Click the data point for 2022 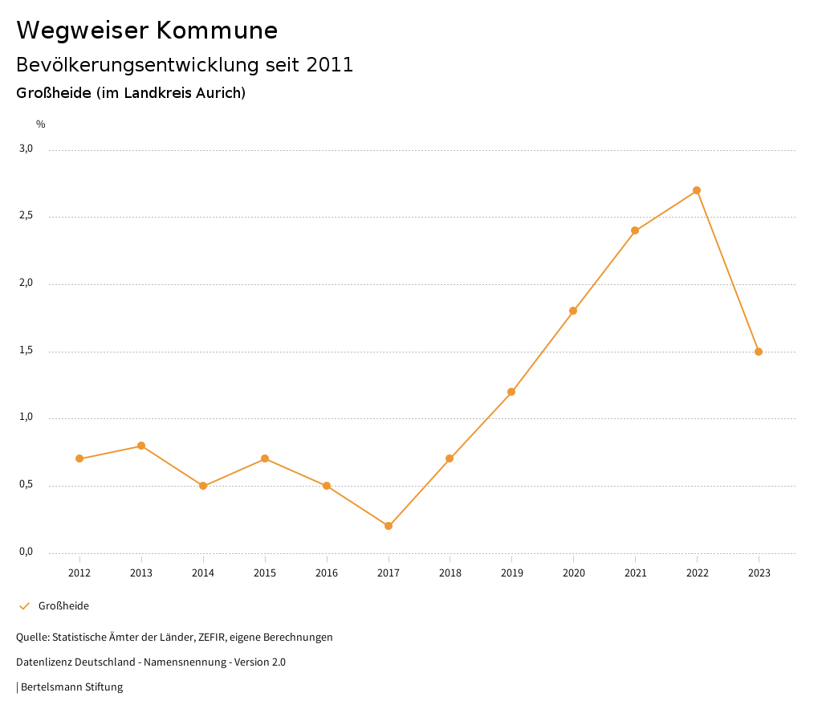click(x=697, y=190)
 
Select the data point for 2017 click(x=389, y=526)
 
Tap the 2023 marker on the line click(x=759, y=352)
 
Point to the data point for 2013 click(x=141, y=446)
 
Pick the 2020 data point click(x=573, y=311)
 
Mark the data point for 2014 click(x=203, y=486)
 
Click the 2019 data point click(x=511, y=392)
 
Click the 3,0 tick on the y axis click(x=26, y=149)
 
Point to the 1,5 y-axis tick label click(x=26, y=350)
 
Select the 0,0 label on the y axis click(x=26, y=552)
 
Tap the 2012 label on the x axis click(x=79, y=572)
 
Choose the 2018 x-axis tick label click(x=450, y=572)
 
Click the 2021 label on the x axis click(x=635, y=572)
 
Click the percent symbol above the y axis click(x=41, y=124)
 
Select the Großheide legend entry click(x=63, y=606)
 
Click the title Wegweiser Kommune click(x=147, y=31)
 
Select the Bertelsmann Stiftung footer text click(x=71, y=687)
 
